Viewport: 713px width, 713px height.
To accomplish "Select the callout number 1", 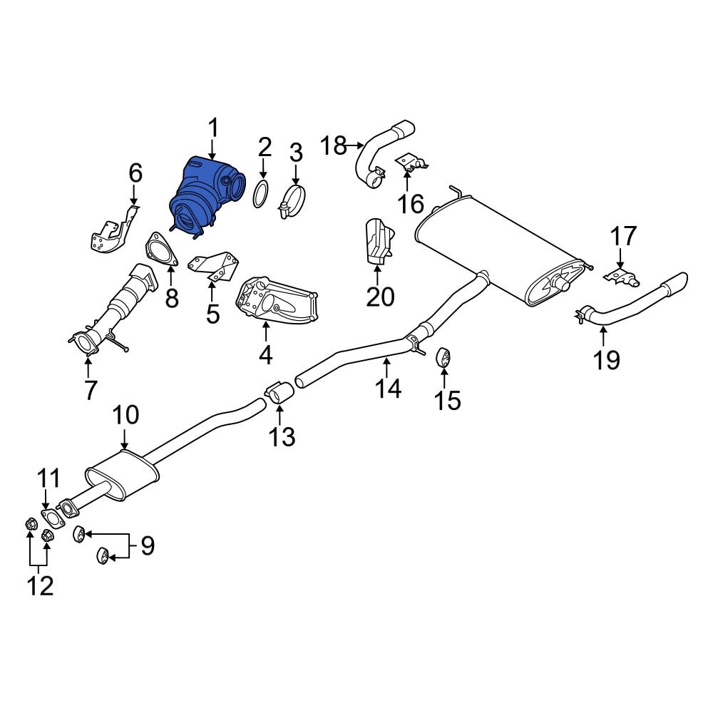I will [x=212, y=130].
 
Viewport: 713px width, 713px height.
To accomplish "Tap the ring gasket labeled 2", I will [x=262, y=193].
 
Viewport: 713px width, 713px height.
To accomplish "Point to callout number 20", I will [x=380, y=295].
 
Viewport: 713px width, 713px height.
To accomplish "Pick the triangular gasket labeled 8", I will [x=160, y=252].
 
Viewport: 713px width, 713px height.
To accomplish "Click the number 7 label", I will [x=90, y=389].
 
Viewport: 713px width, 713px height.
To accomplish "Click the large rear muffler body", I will [x=499, y=250].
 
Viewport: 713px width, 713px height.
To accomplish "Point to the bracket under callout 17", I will [x=620, y=275].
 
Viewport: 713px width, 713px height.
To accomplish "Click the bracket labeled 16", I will [x=411, y=164].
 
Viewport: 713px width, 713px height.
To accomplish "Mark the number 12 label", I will [x=40, y=585].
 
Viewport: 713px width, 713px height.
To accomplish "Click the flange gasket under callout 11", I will [x=49, y=517].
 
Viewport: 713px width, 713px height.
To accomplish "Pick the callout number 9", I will [x=147, y=546].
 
